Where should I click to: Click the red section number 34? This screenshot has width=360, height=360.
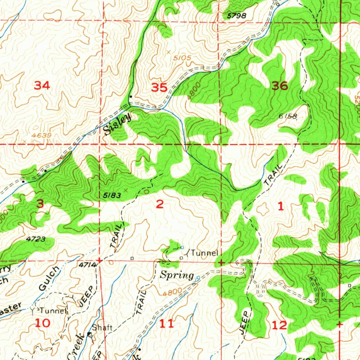click(x=41, y=85)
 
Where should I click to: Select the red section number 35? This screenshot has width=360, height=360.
click(x=159, y=87)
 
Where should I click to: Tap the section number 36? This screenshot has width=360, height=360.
click(x=280, y=86)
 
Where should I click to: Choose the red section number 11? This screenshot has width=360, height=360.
click(x=166, y=323)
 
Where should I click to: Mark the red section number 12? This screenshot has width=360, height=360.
click(x=279, y=325)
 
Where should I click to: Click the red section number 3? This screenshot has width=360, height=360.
click(x=41, y=204)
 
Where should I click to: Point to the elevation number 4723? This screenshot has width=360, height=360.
click(x=36, y=239)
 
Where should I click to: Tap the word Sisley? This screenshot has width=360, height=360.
click(x=117, y=125)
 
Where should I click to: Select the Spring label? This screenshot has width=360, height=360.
click(x=177, y=275)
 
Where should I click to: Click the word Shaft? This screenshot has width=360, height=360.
click(x=104, y=328)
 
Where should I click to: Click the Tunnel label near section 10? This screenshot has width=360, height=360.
click(x=53, y=311)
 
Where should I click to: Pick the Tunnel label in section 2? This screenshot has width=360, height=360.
click(x=205, y=253)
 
